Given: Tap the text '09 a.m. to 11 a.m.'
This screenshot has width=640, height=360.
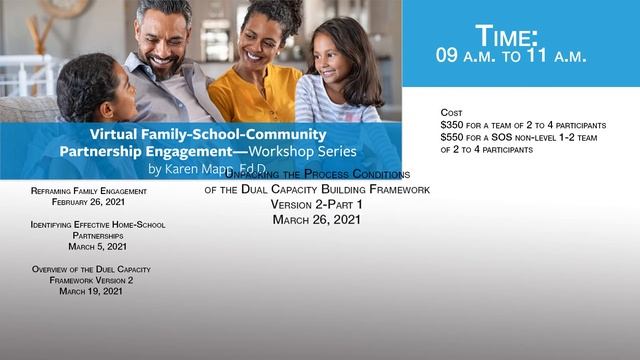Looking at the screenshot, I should coord(510,57).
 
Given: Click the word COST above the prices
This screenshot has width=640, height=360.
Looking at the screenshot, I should coord(451,112).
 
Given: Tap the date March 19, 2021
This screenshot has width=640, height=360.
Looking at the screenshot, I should coord(91,292).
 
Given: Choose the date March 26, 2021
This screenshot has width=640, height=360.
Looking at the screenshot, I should coord(316,219).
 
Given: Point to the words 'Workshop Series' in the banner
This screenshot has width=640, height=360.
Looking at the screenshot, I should coord(299,151).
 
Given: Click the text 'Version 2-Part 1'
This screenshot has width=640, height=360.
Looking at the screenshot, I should coord(316,204).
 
